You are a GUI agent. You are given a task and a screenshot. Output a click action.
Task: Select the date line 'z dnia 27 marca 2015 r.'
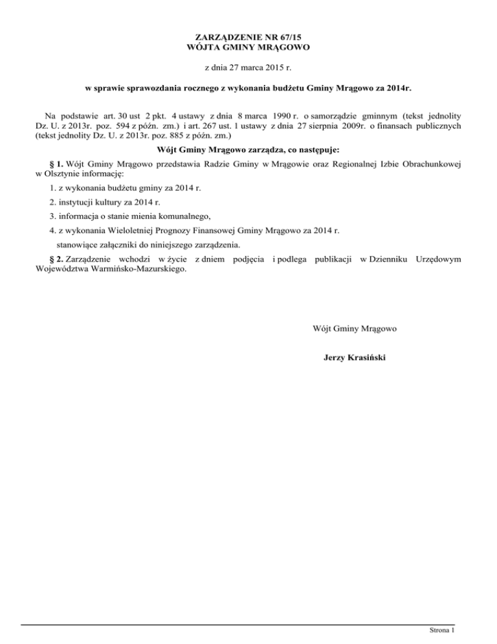(248, 67)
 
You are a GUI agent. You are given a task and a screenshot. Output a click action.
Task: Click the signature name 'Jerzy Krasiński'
(355, 356)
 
